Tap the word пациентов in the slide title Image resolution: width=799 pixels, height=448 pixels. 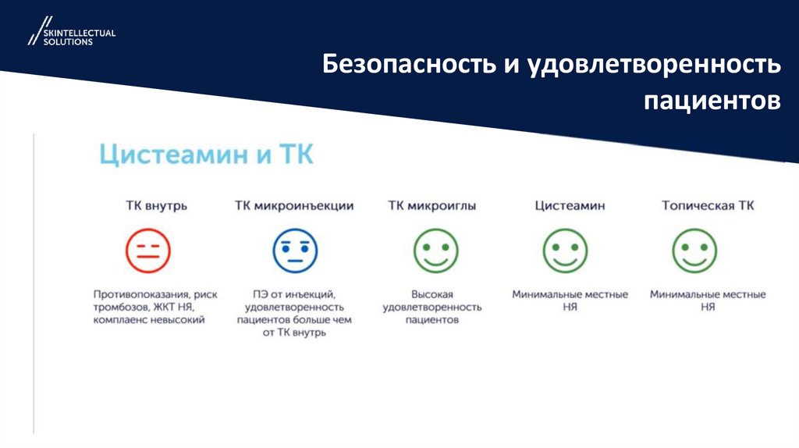(x=712, y=101)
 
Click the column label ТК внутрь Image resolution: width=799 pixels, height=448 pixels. (x=157, y=206)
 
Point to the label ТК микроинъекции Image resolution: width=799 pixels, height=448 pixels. (x=294, y=206)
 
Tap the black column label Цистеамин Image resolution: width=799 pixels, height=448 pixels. (x=570, y=206)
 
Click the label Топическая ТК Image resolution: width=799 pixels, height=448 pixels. (x=708, y=206)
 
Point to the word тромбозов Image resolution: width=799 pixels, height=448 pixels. (x=119, y=308)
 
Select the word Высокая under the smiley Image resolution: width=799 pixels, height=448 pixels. (x=431, y=295)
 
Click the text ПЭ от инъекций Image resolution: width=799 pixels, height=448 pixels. (x=293, y=295)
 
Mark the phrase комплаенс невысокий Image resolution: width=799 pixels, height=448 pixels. (x=148, y=320)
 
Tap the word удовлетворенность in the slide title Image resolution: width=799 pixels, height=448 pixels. (x=660, y=65)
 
